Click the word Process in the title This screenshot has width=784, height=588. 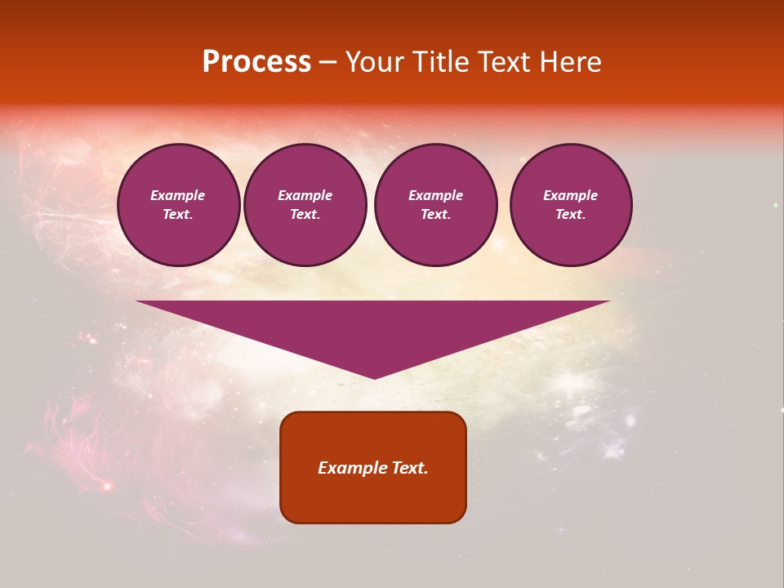pos(256,62)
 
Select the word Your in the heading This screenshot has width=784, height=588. pos(372,62)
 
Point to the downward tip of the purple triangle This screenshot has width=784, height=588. pos(374,376)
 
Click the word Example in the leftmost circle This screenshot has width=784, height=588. pos(178,195)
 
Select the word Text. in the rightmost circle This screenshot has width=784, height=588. pos(570,215)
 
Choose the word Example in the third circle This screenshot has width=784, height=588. pos(435,195)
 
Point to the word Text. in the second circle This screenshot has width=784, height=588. pos(305,215)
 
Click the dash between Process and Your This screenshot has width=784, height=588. pos(327,63)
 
